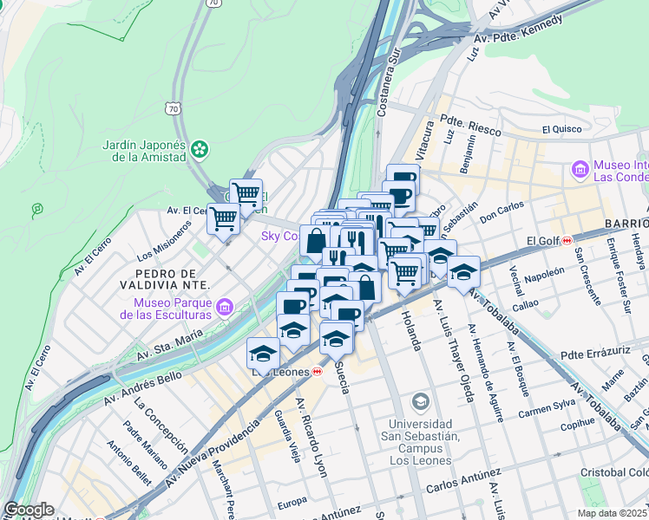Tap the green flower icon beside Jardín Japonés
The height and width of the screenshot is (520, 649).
200,150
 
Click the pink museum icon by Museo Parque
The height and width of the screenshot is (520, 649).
225,307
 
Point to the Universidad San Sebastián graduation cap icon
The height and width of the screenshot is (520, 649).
421,401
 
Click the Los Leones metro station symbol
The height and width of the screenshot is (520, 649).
318,371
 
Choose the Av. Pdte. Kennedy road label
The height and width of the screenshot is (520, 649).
517,30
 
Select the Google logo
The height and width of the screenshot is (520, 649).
29,510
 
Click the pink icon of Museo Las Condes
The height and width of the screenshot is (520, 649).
580,171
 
